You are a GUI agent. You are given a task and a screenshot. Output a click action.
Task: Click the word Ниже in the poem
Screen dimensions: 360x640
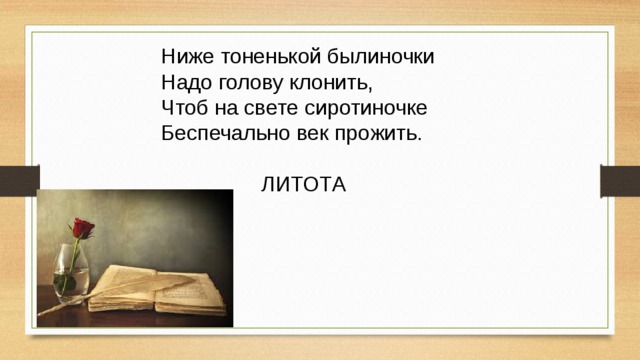[x=184, y=55]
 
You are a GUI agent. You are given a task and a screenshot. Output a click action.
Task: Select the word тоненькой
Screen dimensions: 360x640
[x=263, y=55]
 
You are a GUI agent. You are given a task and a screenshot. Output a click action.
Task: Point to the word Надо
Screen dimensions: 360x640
[x=184, y=81]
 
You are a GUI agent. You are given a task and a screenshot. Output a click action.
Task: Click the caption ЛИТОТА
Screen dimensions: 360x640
[x=304, y=185]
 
